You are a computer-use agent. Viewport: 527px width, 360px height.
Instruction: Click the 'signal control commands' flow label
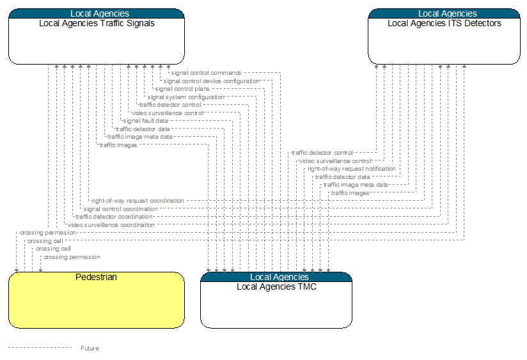tap(206, 73)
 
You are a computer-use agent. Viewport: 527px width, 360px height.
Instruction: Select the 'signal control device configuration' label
tap(212, 81)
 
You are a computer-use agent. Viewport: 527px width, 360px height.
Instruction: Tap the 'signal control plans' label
tap(182, 89)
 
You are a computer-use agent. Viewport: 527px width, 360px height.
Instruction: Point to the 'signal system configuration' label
tap(186, 97)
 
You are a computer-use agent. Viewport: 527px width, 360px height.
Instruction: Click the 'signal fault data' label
tap(146, 121)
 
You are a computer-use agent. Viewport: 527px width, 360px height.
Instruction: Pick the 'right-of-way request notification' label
tap(351, 169)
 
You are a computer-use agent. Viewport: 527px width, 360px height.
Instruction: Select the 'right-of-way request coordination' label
tap(138, 201)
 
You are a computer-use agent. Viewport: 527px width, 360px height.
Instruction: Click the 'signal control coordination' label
tap(120, 208)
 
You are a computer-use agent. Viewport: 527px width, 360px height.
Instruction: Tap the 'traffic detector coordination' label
tap(114, 217)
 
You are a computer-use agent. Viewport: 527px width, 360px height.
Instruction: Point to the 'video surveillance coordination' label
tap(111, 225)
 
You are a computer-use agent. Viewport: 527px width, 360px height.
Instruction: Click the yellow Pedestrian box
tap(97, 300)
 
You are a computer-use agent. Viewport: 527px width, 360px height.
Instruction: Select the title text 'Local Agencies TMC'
tap(276, 286)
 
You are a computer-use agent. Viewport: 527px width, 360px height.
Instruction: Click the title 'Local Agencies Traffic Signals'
tap(97, 23)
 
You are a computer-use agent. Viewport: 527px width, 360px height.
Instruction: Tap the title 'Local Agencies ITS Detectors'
tap(444, 23)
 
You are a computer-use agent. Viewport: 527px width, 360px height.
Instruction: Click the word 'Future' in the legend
tap(90, 348)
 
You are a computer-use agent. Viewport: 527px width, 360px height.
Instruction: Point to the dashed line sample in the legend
tap(40, 348)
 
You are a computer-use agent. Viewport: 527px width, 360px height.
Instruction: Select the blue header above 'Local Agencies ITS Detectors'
tap(444, 13)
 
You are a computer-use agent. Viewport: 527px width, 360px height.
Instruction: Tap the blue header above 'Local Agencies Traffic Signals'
tap(97, 13)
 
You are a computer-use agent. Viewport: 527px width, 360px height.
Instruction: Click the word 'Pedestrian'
tap(96, 277)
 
